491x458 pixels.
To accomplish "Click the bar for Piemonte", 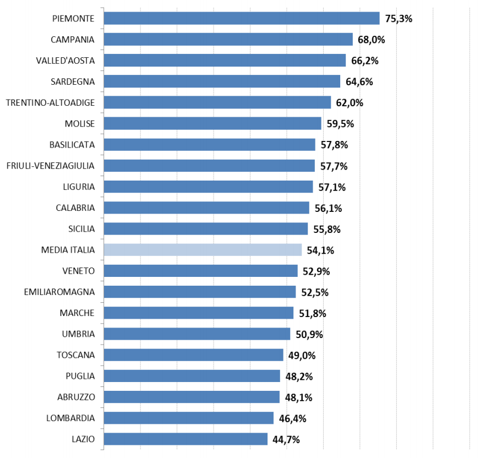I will click(x=242, y=18).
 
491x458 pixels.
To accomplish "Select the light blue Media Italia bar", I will click(x=203, y=250).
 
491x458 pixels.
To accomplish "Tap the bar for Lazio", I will click(x=186, y=439).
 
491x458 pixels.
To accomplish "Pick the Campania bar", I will click(x=228, y=39).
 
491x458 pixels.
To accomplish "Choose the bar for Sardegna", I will click(x=222, y=81).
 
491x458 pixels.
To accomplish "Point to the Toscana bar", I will click(x=193, y=355).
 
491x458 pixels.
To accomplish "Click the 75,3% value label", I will click(x=399, y=18).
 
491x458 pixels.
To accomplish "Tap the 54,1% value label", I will click(x=320, y=250).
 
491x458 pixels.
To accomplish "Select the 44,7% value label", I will click(x=286, y=439).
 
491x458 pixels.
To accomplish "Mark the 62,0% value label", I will click(x=350, y=103).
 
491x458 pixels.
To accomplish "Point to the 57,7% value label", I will click(x=334, y=166).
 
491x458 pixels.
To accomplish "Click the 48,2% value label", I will click(x=299, y=377).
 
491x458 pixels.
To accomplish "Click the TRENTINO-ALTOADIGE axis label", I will click(x=50, y=102).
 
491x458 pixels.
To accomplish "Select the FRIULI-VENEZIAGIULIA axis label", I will click(x=50, y=166).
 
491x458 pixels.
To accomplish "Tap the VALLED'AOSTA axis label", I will click(x=66, y=61).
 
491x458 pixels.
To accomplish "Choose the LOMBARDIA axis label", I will click(x=70, y=418).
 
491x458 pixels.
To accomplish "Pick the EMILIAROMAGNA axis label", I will click(x=59, y=292).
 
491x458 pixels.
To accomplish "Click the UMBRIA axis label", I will click(x=78, y=334).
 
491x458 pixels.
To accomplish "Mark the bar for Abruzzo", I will click(x=192, y=397).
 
